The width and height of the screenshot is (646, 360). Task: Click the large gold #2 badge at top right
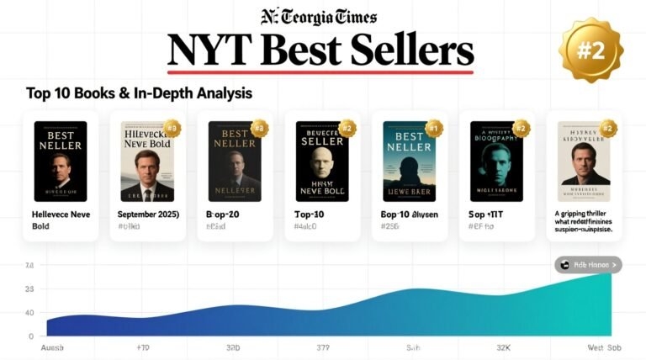(x=590, y=51)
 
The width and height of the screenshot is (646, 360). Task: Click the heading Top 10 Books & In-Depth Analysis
(x=139, y=93)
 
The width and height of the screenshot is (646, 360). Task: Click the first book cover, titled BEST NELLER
(x=60, y=161)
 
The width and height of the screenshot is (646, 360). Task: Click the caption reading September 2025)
(x=147, y=214)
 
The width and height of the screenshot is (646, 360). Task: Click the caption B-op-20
(x=223, y=214)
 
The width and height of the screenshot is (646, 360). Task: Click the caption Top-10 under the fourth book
(x=310, y=214)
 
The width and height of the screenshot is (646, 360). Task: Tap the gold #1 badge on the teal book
(x=434, y=129)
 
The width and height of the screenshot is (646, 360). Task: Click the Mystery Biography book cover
(x=496, y=161)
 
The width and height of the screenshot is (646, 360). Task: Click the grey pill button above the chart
(x=588, y=265)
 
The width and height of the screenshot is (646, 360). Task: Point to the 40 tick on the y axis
(x=30, y=313)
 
